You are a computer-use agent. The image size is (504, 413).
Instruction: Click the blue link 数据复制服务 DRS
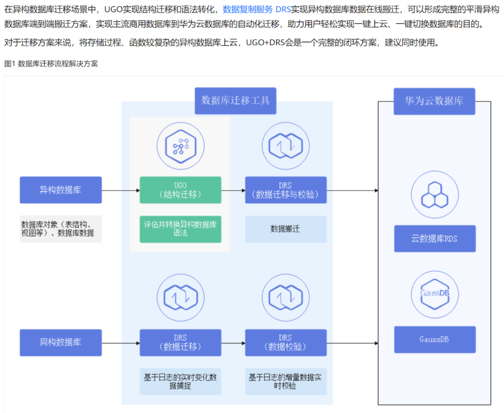pos(256,10)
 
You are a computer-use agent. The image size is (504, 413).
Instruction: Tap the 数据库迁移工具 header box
pos(235,100)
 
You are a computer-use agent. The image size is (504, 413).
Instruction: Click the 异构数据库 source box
pos(61,190)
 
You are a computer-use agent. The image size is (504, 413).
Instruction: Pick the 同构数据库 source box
pos(61,342)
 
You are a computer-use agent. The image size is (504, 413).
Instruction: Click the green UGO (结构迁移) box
pos(180,190)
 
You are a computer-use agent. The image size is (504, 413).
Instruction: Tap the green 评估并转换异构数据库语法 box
pos(180,229)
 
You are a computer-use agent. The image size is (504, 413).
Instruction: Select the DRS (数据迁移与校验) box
pos(286,190)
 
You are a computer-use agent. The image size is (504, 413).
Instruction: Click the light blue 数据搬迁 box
pos(286,229)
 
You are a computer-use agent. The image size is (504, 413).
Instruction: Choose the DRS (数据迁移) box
pos(180,342)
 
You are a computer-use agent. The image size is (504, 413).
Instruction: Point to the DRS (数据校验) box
pos(286,342)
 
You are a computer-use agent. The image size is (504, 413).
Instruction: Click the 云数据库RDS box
pos(434,239)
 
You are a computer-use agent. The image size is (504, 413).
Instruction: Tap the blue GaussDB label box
pos(434,339)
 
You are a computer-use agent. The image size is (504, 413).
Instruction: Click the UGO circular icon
pos(180,144)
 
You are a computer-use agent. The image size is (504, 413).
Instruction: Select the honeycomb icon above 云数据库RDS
pos(434,194)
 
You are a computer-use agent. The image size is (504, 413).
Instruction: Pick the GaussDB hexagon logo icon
pos(434,295)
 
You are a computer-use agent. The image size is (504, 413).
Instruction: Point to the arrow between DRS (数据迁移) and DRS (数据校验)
pos(233,343)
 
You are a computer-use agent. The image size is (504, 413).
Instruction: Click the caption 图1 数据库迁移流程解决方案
pos(51,64)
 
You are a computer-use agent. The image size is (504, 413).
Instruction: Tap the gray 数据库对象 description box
pos(61,229)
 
